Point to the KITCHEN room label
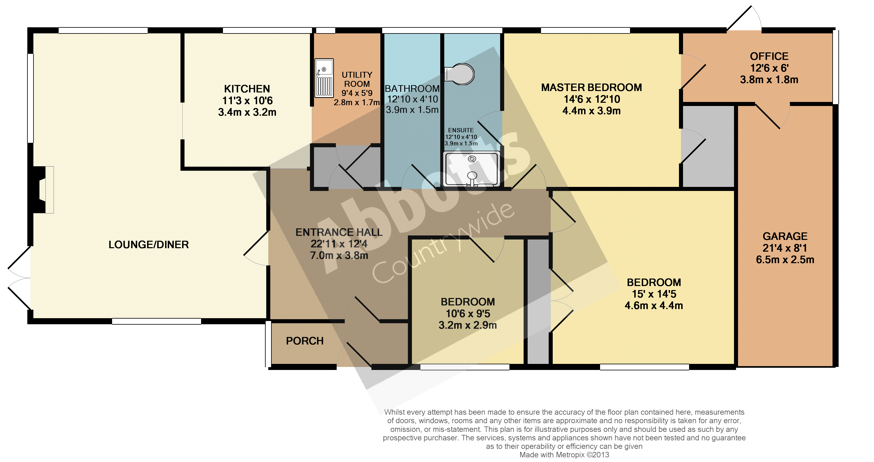247,89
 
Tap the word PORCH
305,341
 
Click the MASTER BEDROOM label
591,88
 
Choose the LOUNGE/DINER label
149,245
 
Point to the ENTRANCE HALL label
339,232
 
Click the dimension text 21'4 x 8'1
785,248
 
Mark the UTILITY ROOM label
357,79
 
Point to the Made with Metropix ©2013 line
564,455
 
